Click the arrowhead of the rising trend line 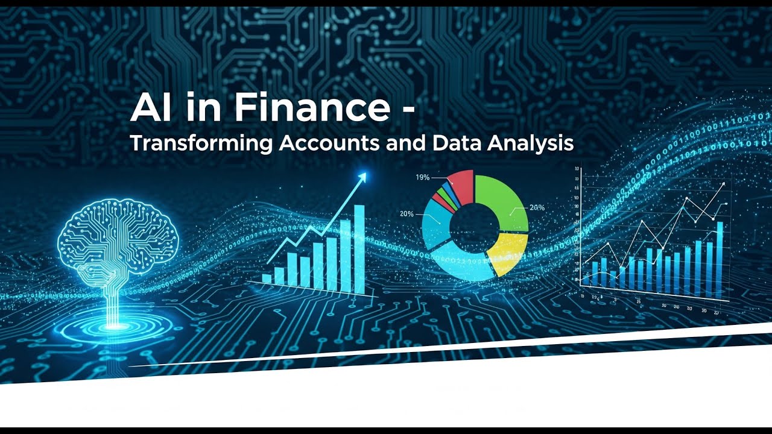click(362, 177)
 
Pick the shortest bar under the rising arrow click(267, 278)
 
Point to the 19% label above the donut click(422, 177)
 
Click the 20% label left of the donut click(407, 214)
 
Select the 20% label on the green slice click(537, 207)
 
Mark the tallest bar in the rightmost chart click(720, 259)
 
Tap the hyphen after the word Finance click(405, 111)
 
